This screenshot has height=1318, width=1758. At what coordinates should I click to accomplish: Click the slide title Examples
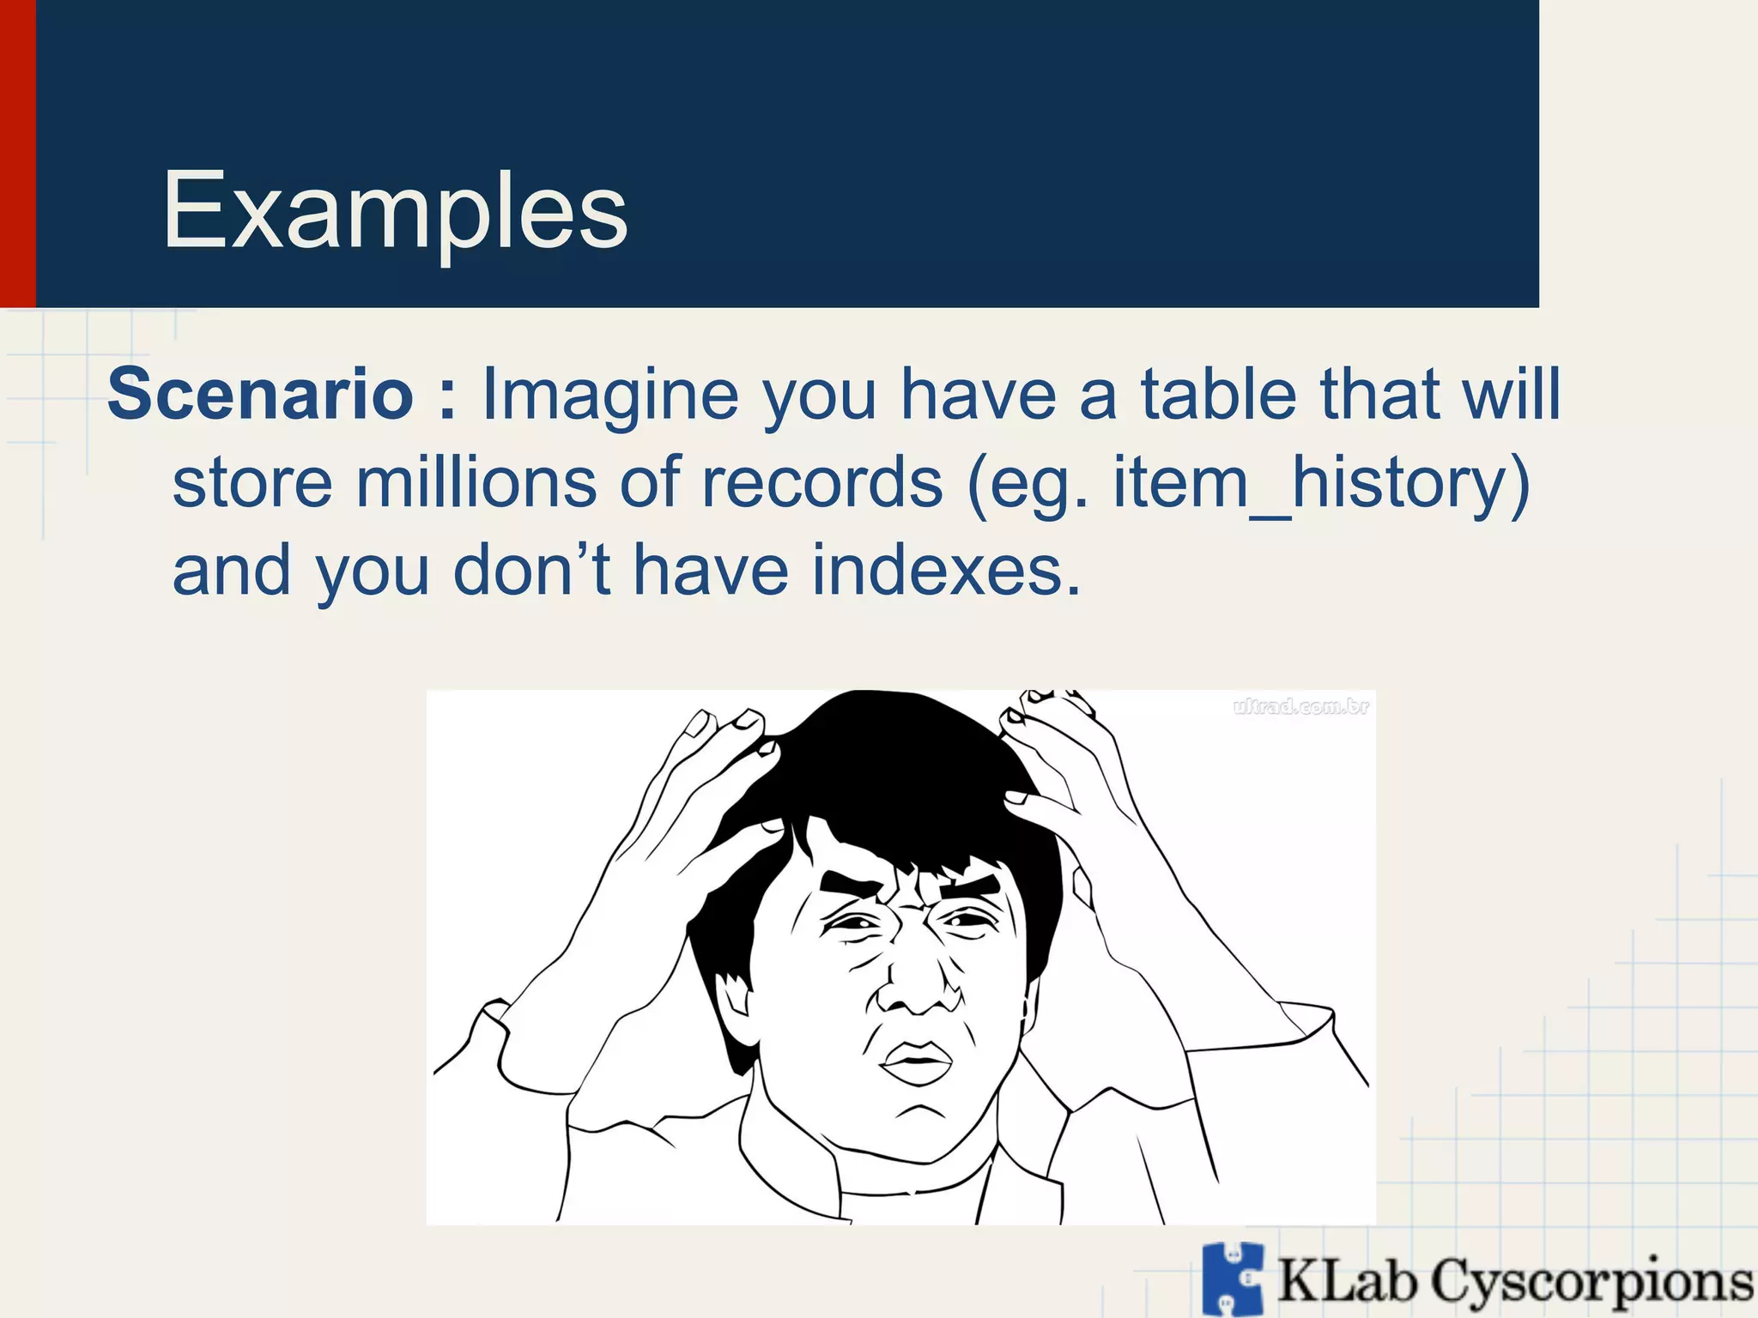coord(395,211)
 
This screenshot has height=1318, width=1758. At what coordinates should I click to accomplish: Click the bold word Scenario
coord(260,394)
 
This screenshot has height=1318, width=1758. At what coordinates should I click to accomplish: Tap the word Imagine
coord(610,396)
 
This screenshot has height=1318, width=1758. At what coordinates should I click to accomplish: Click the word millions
coord(476,482)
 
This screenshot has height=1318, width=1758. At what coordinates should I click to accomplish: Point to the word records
coord(822,482)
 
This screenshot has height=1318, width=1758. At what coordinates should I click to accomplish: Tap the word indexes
coord(946,571)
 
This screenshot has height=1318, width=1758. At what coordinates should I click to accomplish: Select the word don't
coord(532,571)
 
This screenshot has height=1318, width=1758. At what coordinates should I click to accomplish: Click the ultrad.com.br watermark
coord(1300,707)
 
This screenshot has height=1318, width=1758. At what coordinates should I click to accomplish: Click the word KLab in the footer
coord(1347,1281)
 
